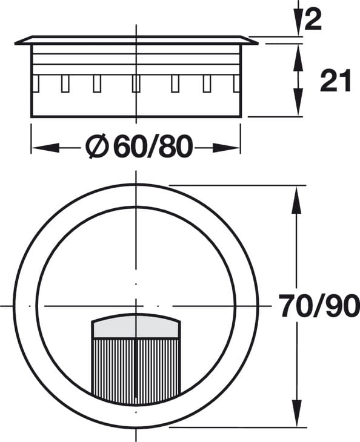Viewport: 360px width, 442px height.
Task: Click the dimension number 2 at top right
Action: click(313, 19)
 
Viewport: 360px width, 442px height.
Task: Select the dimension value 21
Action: click(336, 81)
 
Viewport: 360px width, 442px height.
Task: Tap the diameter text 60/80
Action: click(153, 147)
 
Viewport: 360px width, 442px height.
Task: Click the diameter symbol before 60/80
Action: click(97, 147)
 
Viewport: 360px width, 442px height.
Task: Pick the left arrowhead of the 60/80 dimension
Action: click(45, 148)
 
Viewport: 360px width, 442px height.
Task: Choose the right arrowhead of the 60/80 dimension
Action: click(226, 148)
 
